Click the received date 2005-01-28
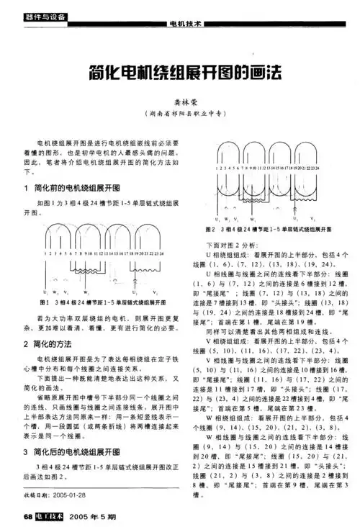[65, 495]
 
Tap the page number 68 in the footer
[28, 516]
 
